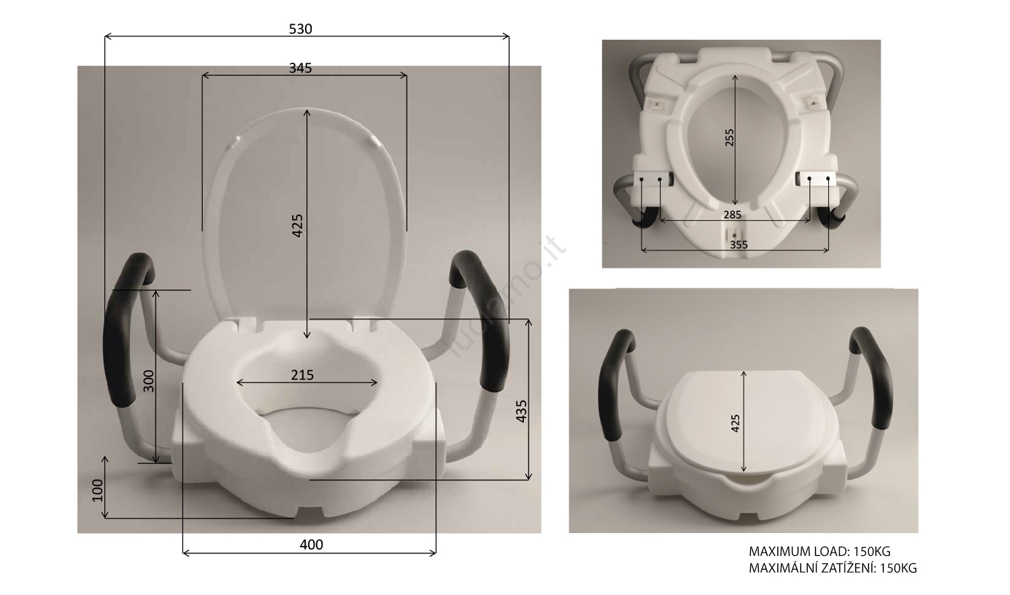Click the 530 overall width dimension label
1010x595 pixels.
(x=300, y=29)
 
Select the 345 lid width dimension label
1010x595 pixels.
(x=300, y=68)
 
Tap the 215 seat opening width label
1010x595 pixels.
(x=302, y=375)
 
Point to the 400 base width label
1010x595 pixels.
(x=311, y=545)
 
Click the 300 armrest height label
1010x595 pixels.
(x=149, y=380)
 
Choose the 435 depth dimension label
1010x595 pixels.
(x=521, y=411)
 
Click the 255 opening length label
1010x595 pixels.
(x=729, y=138)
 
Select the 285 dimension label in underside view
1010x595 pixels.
(x=732, y=215)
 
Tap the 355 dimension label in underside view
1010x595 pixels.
(x=739, y=245)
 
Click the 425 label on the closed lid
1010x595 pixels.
(x=735, y=423)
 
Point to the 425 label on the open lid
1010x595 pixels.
(x=298, y=225)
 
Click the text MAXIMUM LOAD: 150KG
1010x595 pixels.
(x=819, y=552)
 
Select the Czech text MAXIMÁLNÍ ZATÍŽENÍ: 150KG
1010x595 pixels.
(x=832, y=568)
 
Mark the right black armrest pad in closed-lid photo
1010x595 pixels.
(x=873, y=380)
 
